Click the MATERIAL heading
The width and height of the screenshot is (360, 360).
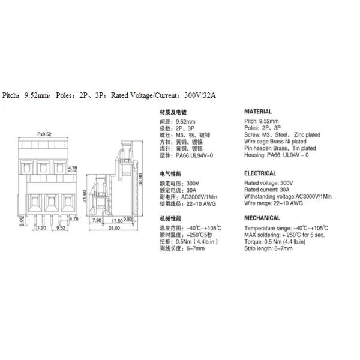[257, 112]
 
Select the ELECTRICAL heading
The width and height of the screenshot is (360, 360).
[260, 173]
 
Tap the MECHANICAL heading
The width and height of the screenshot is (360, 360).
[262, 218]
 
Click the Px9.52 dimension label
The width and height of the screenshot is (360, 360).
[44, 134]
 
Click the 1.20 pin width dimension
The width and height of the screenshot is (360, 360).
[41, 228]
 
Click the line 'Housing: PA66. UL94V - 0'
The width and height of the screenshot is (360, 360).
[276, 155]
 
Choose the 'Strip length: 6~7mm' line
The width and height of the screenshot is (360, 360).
[268, 247]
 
